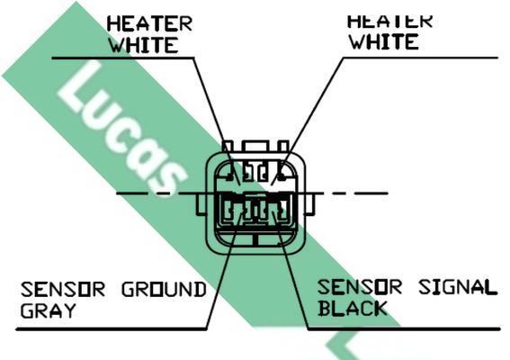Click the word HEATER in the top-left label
pos(149,23)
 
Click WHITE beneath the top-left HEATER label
pos(144,45)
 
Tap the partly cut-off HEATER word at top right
pos(390,21)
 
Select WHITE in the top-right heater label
pos(384,41)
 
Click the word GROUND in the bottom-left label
pos(165,289)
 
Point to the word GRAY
pos(49,310)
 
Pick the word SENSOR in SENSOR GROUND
pos(63,289)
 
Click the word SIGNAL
pos(458,287)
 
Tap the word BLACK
pos(353,308)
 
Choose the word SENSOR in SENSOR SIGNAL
pos(360,287)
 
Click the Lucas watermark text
pos(122,129)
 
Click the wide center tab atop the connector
pos(255,146)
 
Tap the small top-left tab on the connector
pos(228,146)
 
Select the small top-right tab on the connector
pos(283,146)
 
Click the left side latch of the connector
pos(201,204)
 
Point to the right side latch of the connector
pos(309,204)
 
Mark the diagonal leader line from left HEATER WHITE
pos(217,121)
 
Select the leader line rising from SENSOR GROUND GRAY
pos(224,270)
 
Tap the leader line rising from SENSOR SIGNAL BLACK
pos(291,270)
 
